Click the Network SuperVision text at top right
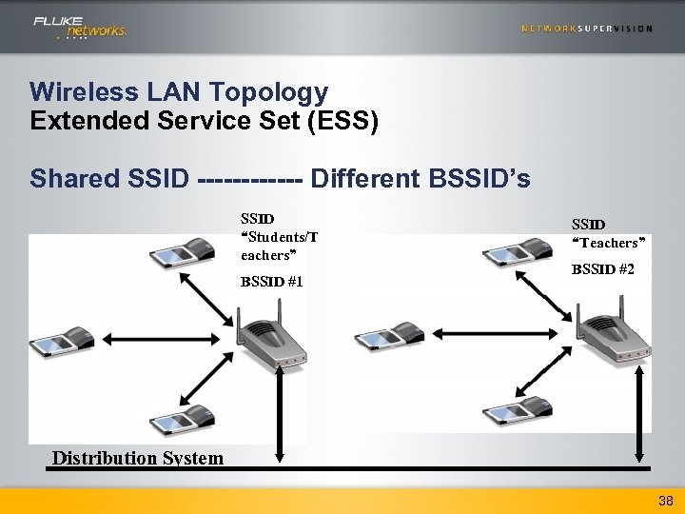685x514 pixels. (587, 29)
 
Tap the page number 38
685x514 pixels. (665, 500)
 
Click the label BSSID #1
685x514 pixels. (271, 282)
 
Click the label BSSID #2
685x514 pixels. (602, 269)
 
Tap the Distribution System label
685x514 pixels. (138, 458)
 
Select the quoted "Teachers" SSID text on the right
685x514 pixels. (609, 243)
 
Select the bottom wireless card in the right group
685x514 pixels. (517, 410)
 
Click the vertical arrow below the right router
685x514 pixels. (637, 418)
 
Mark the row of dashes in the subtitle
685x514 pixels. (251, 178)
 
